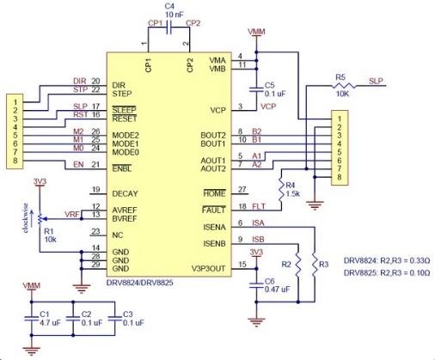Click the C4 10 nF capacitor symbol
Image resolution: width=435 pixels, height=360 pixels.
pyautogui.click(x=168, y=27)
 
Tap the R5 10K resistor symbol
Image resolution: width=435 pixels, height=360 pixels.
pyautogui.click(x=344, y=85)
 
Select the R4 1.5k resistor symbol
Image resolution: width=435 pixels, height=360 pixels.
pyautogui.click(x=281, y=189)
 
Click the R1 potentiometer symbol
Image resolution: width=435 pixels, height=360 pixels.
pyautogui.click(x=40, y=219)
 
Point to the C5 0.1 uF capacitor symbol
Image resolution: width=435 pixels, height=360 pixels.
pyautogui.click(x=256, y=88)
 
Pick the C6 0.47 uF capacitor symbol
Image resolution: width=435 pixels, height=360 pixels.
pyautogui.click(x=256, y=284)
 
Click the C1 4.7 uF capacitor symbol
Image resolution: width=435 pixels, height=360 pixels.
pyautogui.click(x=32, y=318)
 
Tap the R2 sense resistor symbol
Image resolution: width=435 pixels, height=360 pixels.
pyautogui.click(x=298, y=265)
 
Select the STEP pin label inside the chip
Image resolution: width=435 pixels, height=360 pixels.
pyautogui.click(x=122, y=94)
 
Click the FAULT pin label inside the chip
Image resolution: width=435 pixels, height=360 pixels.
pyautogui.click(x=214, y=210)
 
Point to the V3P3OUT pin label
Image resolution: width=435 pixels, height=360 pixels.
pyautogui.click(x=208, y=269)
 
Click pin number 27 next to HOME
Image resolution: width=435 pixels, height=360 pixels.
pyautogui.click(x=242, y=189)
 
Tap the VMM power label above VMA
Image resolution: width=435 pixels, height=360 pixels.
pyautogui.click(x=256, y=32)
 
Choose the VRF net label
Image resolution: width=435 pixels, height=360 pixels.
pyautogui.click(x=72, y=214)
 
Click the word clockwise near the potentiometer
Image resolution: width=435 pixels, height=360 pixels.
pyautogui.click(x=26, y=217)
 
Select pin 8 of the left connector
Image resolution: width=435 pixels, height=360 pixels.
pyautogui.click(x=15, y=161)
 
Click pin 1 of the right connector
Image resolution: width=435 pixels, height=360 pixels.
pyautogui.click(x=340, y=119)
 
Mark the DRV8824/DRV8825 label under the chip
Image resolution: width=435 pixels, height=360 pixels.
pyautogui.click(x=140, y=283)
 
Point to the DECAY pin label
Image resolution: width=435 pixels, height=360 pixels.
pyautogui.click(x=125, y=193)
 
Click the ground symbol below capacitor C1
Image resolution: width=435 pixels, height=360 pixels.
pyautogui.click(x=32, y=351)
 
